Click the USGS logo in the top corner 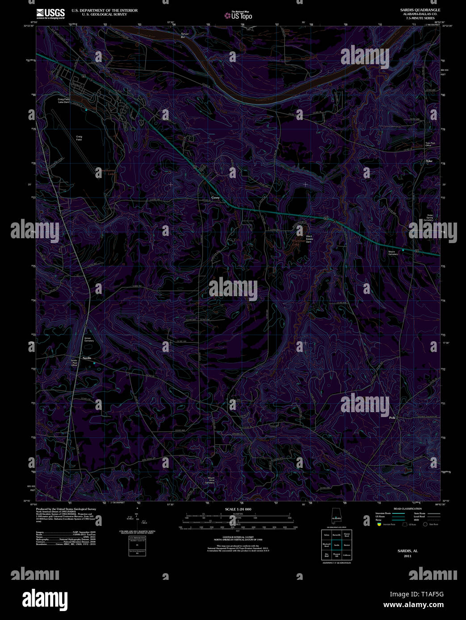(x=50, y=13)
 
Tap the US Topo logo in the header (x=239, y=16)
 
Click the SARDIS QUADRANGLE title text (x=420, y=10)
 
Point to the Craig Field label (x=79, y=138)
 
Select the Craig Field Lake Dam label (x=63, y=101)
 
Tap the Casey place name (x=215, y=197)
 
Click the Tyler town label (x=429, y=161)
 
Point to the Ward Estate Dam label (x=309, y=238)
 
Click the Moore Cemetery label (x=392, y=253)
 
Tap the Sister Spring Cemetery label (x=428, y=218)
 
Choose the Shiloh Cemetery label (x=89, y=339)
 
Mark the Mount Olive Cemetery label (x=210, y=480)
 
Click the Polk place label (x=392, y=417)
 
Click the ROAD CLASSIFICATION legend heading (x=407, y=509)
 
